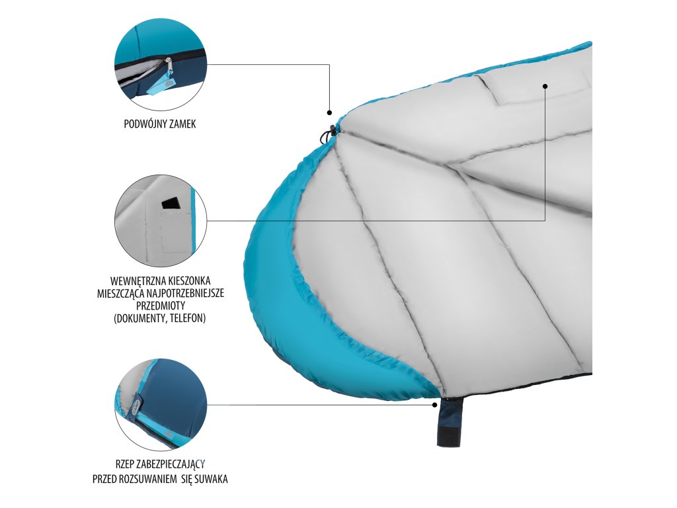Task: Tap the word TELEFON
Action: tap(187, 318)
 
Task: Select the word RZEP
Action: tap(126, 464)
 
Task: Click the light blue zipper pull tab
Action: tap(157, 87)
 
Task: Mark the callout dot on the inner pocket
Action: tap(545, 85)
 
